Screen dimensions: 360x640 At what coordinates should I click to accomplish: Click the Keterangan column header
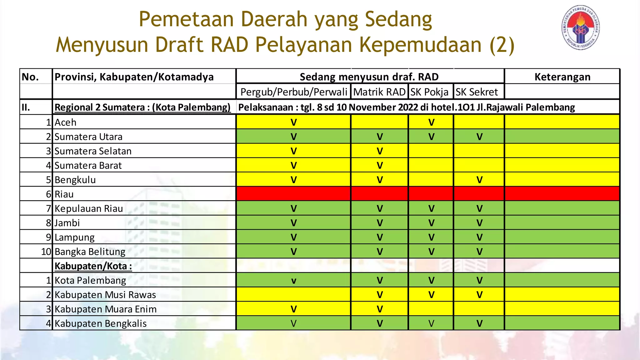(562, 77)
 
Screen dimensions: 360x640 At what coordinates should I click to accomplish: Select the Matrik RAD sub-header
(379, 92)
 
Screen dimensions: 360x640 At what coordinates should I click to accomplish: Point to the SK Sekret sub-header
(477, 92)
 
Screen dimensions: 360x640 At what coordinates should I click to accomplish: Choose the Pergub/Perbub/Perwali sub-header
(293, 92)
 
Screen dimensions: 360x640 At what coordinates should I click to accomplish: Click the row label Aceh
(65, 122)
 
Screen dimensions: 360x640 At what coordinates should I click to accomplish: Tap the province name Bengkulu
(75, 180)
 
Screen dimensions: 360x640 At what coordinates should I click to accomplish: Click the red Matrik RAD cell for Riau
(379, 194)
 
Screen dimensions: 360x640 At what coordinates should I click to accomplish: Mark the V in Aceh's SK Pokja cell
(431, 122)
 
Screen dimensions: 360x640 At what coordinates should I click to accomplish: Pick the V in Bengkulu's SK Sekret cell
(479, 180)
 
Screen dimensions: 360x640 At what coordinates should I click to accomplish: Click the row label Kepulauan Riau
(89, 208)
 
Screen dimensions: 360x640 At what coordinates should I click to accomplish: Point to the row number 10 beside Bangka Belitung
(46, 252)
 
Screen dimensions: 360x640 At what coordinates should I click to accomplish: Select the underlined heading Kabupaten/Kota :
(93, 266)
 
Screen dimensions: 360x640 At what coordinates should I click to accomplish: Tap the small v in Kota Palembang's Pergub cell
(293, 281)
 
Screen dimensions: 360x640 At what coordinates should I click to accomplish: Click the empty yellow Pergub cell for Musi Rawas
(293, 294)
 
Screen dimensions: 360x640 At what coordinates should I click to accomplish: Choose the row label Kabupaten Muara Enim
(105, 309)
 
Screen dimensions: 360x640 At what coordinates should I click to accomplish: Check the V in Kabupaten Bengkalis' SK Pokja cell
(431, 323)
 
